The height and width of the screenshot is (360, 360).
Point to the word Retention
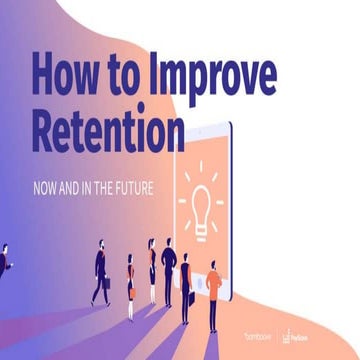point(109,130)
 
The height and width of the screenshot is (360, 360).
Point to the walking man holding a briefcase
point(100,271)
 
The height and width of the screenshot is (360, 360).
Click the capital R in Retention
point(46,129)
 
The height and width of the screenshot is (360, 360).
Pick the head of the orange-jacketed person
point(212,265)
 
